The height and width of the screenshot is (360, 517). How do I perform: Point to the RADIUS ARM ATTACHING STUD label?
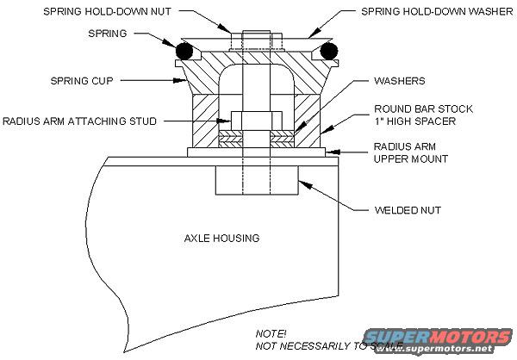click(80, 121)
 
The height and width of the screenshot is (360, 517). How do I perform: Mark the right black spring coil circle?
click(327, 53)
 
